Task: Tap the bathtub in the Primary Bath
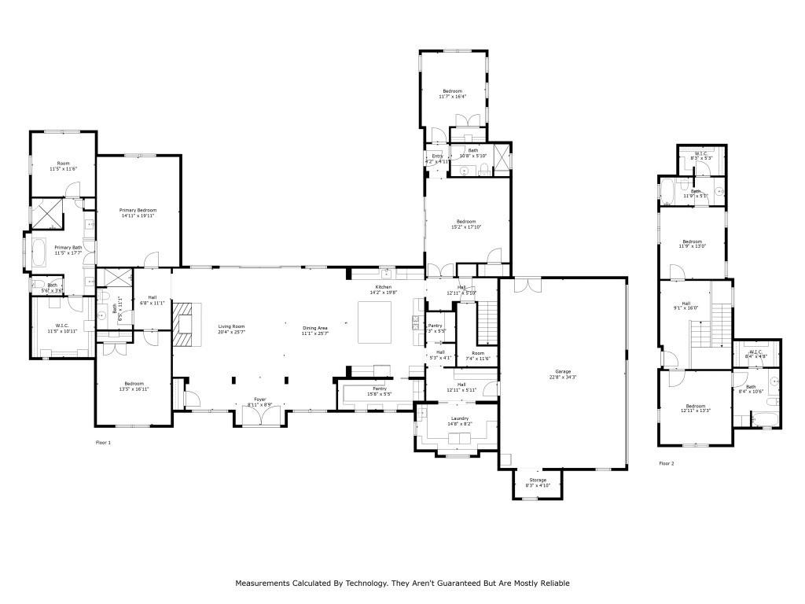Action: point(37,253)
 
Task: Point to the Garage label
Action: point(563,374)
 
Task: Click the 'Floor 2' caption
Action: point(667,463)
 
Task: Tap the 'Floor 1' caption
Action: point(104,443)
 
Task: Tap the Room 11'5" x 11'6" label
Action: point(63,166)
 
